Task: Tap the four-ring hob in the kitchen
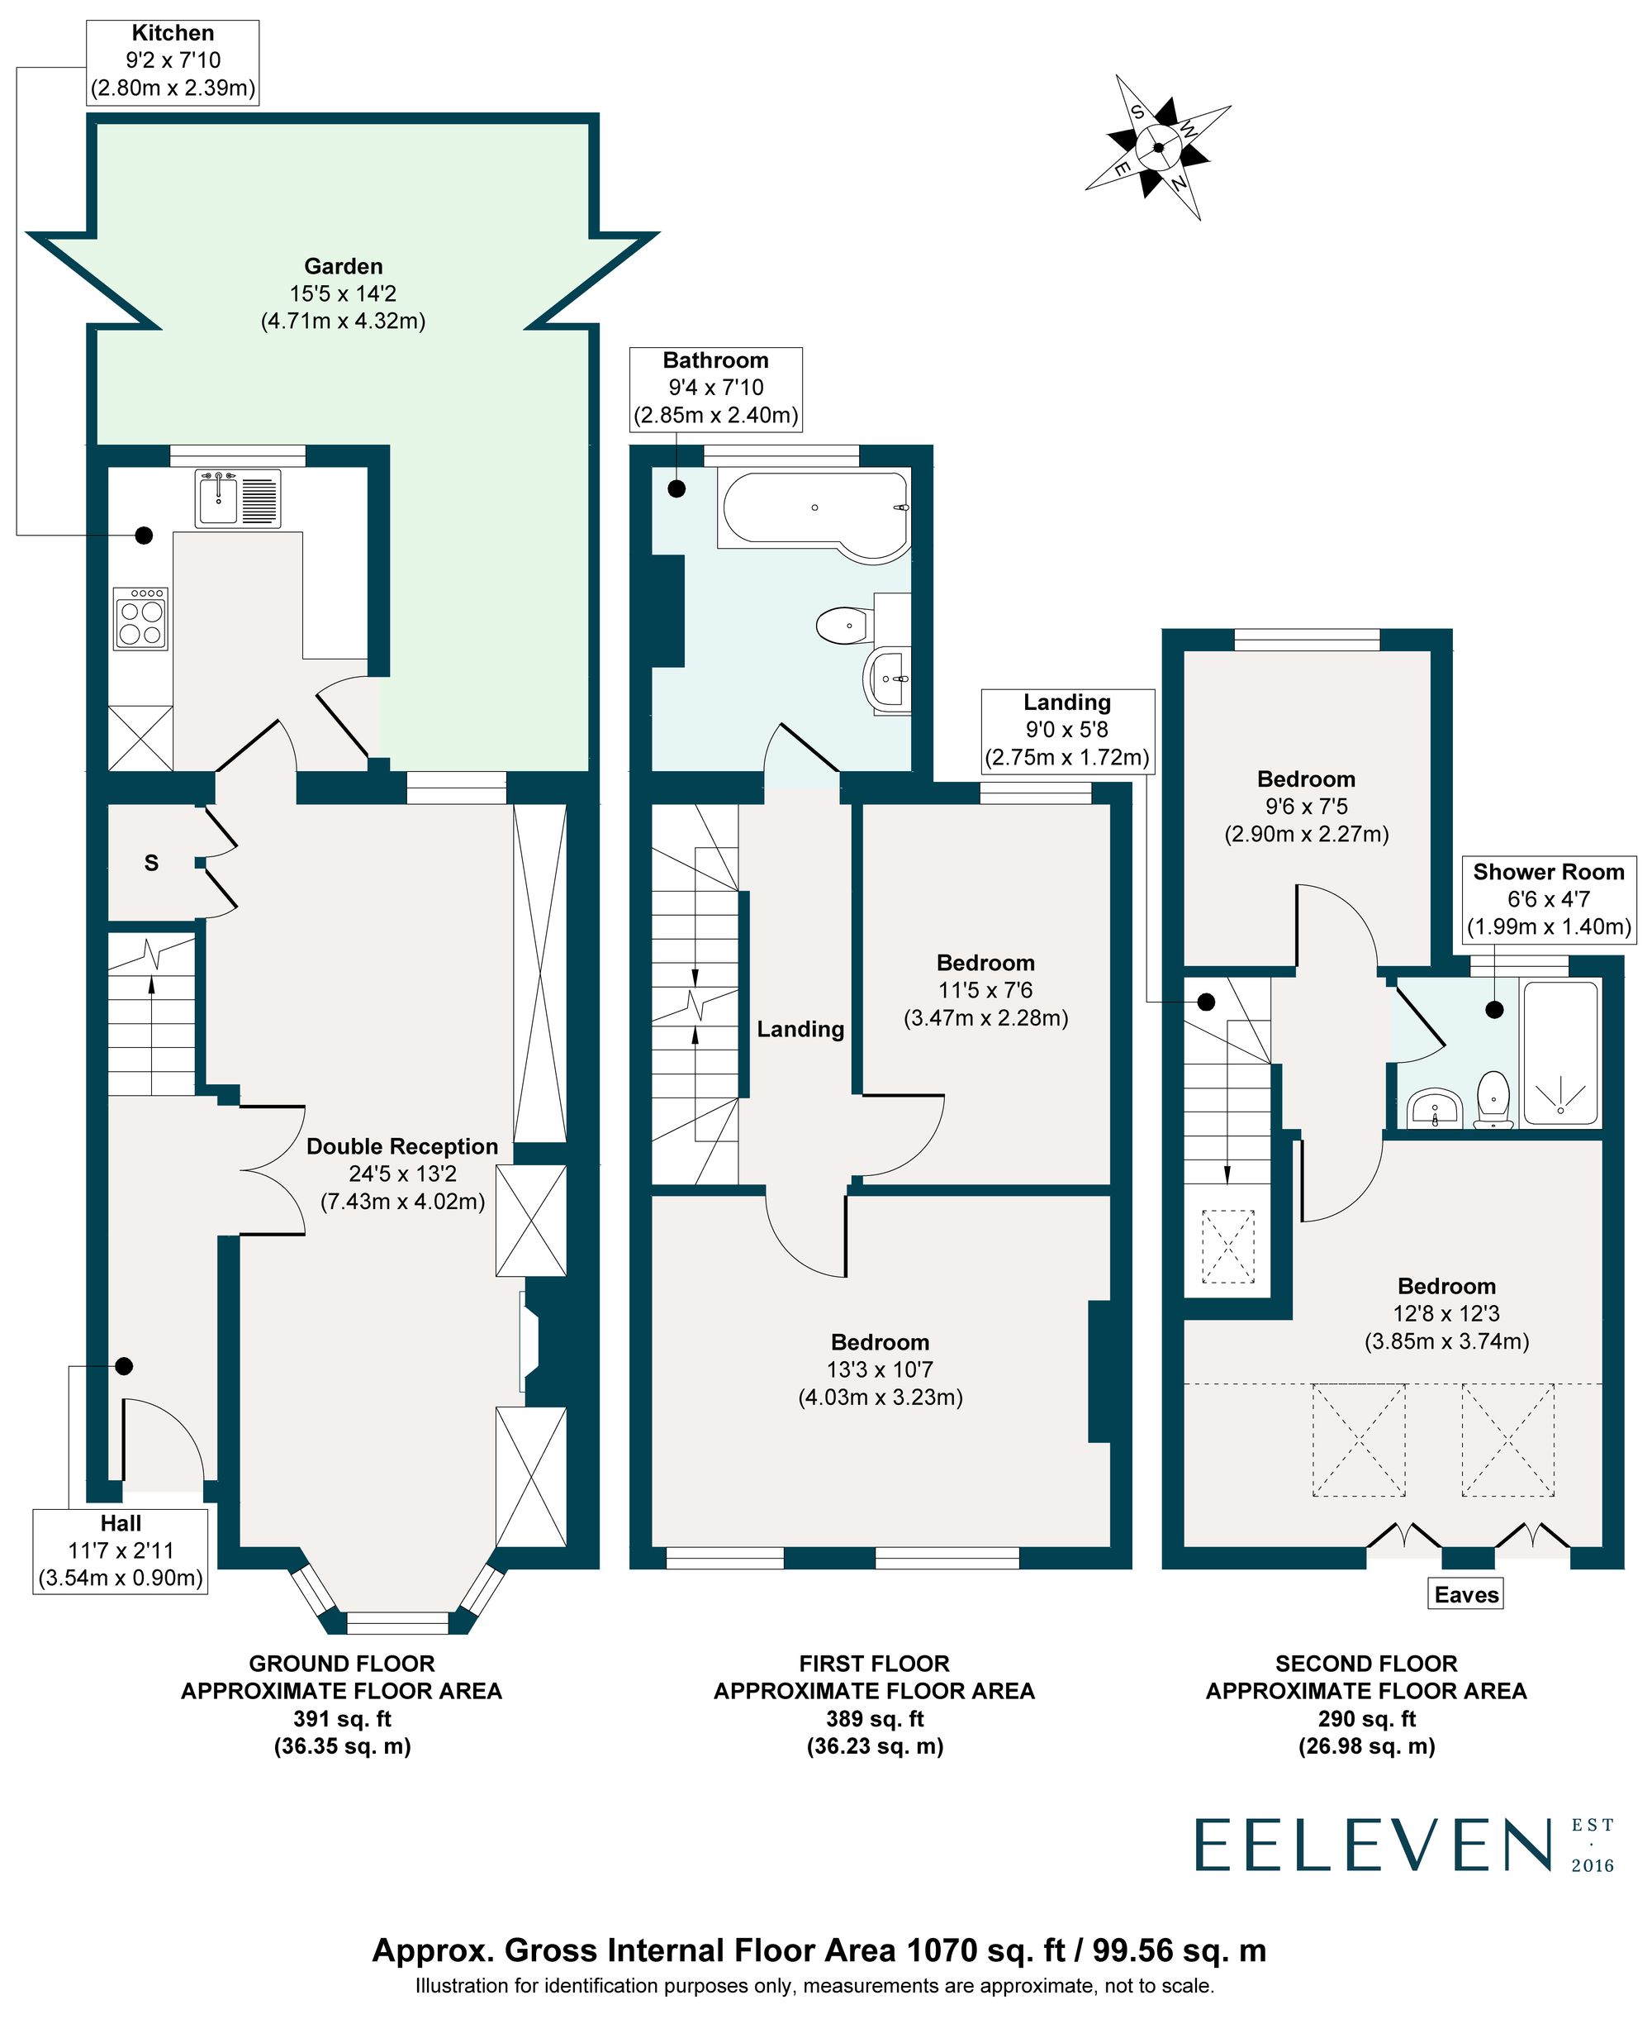click(141, 619)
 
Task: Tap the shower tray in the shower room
click(1562, 1055)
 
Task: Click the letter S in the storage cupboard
click(151, 864)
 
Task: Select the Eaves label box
click(1465, 1594)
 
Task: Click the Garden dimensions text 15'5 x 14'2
click(343, 294)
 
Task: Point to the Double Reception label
click(401, 1147)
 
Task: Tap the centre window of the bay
click(396, 1617)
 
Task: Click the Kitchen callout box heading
click(173, 33)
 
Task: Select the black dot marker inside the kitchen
click(144, 535)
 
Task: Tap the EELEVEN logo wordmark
click(1371, 1845)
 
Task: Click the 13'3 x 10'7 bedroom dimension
click(880, 1369)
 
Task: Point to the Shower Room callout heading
click(1548, 872)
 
